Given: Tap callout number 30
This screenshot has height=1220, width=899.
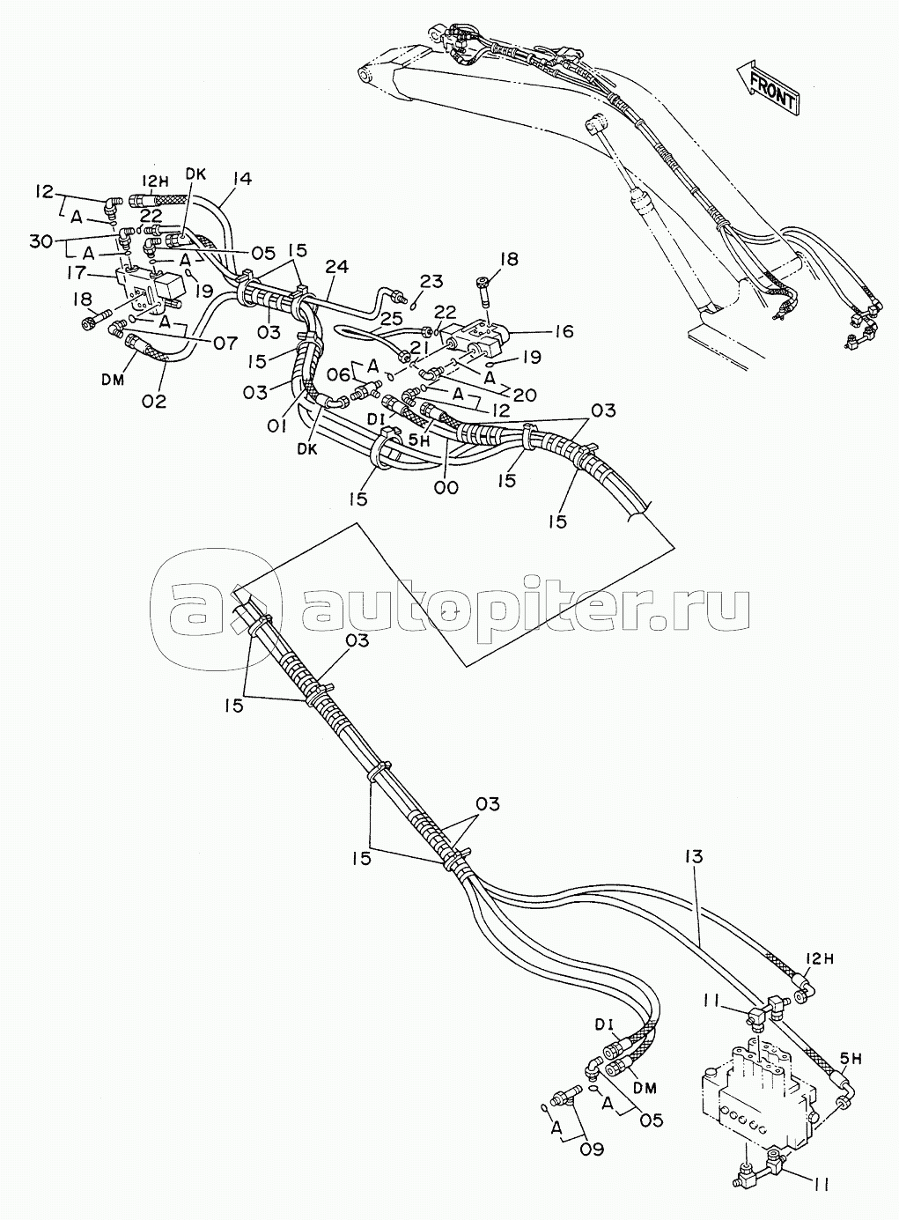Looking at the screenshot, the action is coord(42,240).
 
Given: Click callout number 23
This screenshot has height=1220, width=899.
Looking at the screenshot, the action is coord(431,282).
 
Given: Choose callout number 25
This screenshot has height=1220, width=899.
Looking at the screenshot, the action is coord(391,319).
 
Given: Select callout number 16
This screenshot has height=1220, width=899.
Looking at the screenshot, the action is coord(564,331).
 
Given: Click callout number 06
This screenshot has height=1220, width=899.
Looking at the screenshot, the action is coord(340,375).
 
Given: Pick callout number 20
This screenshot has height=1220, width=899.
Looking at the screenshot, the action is coord(524,395).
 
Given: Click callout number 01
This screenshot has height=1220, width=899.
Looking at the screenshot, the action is coord(277,426).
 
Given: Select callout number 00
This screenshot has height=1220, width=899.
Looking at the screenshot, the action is coord(446,488).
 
